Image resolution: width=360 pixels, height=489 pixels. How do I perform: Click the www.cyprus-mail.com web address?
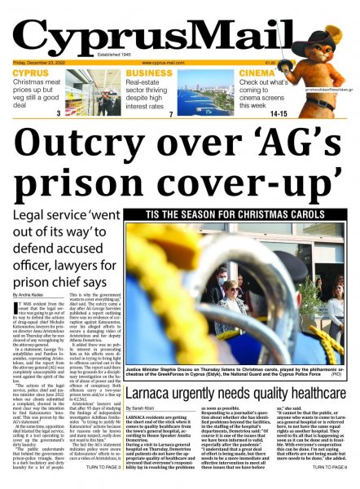click(x=163, y=62)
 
